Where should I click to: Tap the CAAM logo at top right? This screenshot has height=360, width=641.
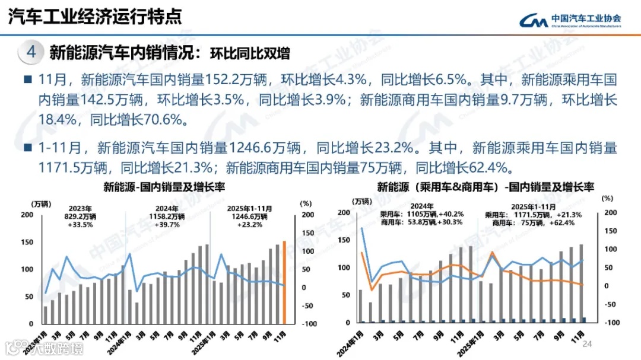(x=569, y=20)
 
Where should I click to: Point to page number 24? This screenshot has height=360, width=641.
(x=588, y=345)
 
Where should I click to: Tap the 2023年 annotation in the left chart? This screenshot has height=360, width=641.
(x=81, y=209)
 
